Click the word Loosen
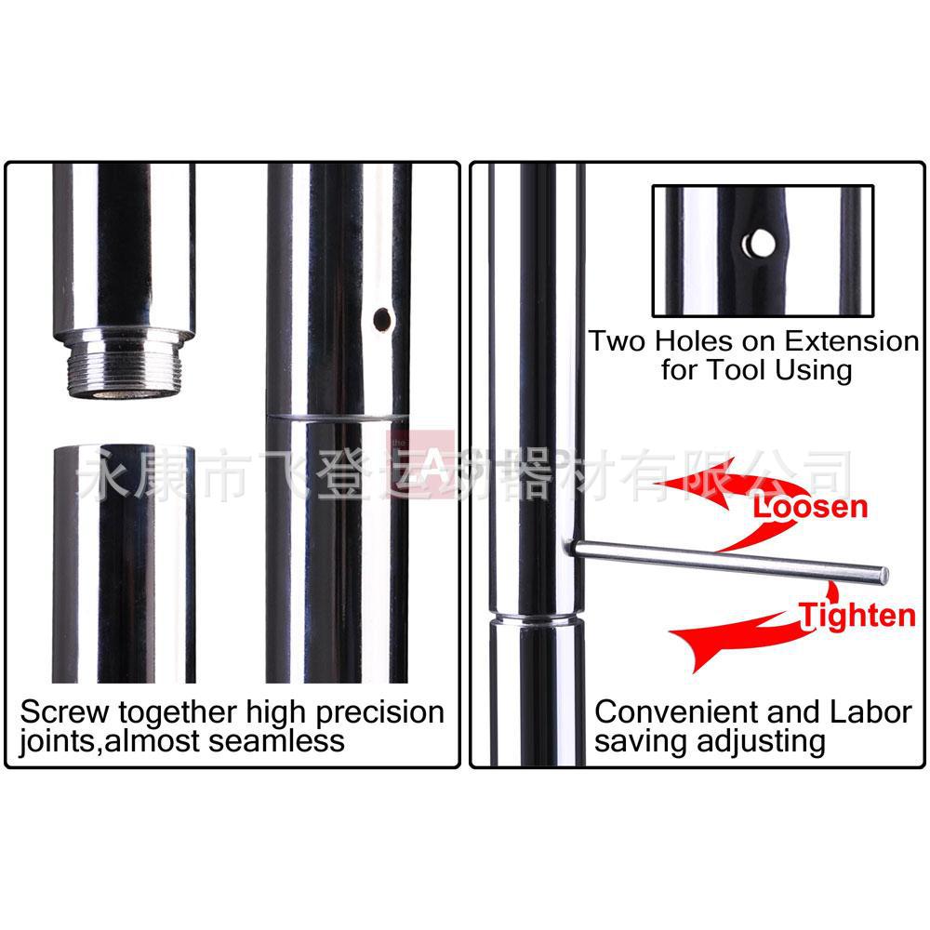[x=809, y=507]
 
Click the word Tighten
[x=857, y=616]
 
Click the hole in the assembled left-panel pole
[x=381, y=320]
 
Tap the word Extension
[x=852, y=341]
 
